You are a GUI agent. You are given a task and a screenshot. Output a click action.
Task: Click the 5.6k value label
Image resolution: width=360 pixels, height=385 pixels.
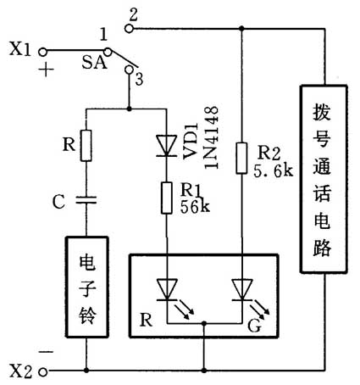click(x=274, y=171)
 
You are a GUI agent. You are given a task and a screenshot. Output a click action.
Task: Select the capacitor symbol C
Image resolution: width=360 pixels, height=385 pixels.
click(x=86, y=200)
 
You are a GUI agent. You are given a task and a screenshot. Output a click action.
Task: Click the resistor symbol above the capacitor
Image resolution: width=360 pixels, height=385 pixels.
click(x=86, y=145)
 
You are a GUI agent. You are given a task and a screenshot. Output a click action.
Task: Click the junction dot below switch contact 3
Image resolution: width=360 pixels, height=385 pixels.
click(x=128, y=109)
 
